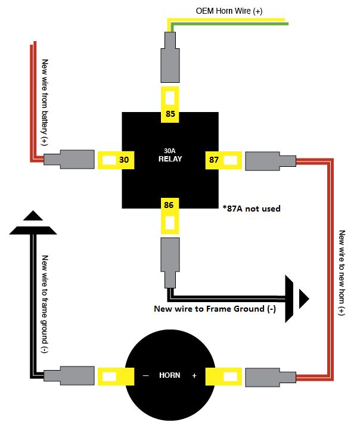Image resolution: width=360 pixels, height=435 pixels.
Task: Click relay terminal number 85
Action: tap(170, 113)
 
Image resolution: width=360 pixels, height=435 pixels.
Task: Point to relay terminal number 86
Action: tap(170, 205)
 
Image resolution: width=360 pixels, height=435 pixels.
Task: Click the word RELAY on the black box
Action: tap(170, 160)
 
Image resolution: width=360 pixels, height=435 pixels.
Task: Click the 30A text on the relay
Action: tap(170, 151)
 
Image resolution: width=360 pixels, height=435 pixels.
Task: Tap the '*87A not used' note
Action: tap(253, 209)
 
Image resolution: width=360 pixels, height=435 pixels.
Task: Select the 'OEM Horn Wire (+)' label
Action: tap(229, 11)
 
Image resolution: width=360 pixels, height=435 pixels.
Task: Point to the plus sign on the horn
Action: tap(194, 376)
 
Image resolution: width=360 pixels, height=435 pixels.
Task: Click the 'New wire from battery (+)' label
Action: tap(44, 102)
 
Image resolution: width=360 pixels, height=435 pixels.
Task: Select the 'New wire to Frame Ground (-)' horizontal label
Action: tap(215, 309)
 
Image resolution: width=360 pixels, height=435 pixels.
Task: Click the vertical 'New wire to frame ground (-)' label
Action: tap(44, 304)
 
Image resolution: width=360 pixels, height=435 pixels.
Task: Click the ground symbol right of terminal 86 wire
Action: tap(296, 296)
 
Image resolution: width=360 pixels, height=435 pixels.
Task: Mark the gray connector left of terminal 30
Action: tap(69, 160)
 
